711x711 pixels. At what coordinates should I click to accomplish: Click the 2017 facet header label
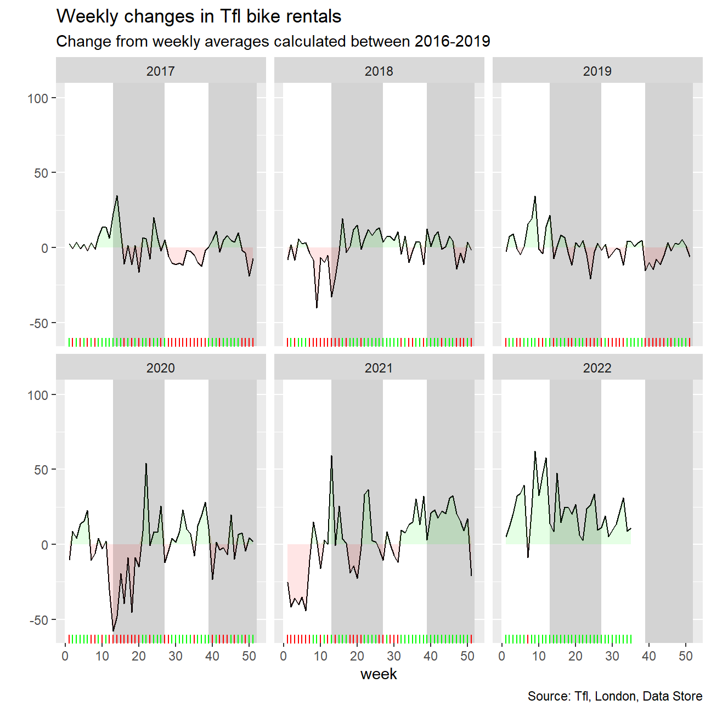tap(161, 71)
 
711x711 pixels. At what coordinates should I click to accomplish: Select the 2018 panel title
tap(379, 71)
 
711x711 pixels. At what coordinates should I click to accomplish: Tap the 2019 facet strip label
tap(597, 71)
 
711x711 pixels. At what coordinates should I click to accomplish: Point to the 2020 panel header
tap(161, 368)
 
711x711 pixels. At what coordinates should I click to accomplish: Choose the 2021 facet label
tap(379, 368)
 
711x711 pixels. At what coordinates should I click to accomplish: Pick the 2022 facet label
tap(597, 368)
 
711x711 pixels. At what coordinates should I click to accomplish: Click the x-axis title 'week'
tap(379, 674)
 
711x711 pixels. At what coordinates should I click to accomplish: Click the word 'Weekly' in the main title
tap(87, 16)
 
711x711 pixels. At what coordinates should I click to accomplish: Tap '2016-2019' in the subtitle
tap(453, 41)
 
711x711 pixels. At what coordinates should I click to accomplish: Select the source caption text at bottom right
tap(615, 696)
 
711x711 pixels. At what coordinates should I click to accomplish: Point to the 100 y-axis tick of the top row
tap(38, 99)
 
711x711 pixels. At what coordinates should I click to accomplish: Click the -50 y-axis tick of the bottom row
tap(39, 620)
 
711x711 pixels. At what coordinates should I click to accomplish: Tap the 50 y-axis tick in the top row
tap(41, 173)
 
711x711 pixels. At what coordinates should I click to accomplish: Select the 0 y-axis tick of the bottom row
tap(45, 545)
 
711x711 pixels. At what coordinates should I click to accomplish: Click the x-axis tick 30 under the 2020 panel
tap(176, 656)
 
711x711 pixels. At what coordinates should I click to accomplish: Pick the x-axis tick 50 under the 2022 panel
tap(686, 656)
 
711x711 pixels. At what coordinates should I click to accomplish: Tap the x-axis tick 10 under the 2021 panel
tap(320, 656)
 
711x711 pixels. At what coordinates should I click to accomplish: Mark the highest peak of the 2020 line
tap(146, 464)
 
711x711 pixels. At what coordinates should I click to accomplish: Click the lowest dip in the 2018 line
tap(317, 308)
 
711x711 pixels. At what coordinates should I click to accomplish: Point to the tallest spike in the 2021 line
tap(331, 456)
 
